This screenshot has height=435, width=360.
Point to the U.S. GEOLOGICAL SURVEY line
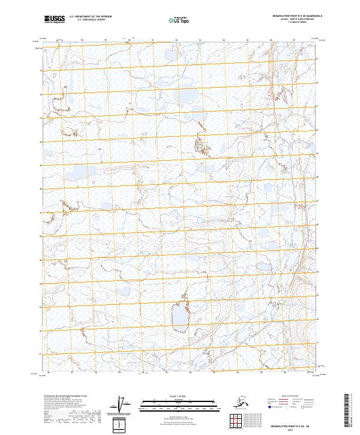[x=92, y=21]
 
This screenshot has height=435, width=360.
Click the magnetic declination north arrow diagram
[x=122, y=406]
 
